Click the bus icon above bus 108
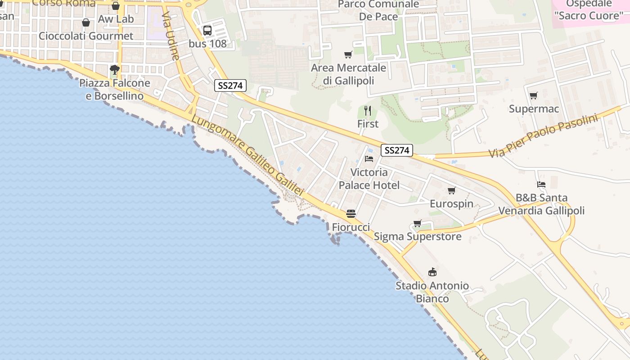(207, 31)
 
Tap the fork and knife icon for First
(368, 111)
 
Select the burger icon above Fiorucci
(351, 214)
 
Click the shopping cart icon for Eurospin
(452, 190)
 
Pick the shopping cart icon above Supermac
(533, 95)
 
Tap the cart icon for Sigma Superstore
(418, 223)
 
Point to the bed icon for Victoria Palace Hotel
(369, 159)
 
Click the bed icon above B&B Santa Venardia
(541, 184)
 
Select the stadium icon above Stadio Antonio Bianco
(432, 272)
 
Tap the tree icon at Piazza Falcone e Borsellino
(115, 70)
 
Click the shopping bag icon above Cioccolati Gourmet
(86, 22)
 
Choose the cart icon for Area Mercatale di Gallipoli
(348, 55)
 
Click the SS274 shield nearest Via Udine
(230, 85)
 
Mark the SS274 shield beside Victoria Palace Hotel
(397, 150)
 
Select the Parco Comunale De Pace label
(378, 10)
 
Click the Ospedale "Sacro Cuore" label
(588, 10)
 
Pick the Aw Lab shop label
(116, 19)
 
